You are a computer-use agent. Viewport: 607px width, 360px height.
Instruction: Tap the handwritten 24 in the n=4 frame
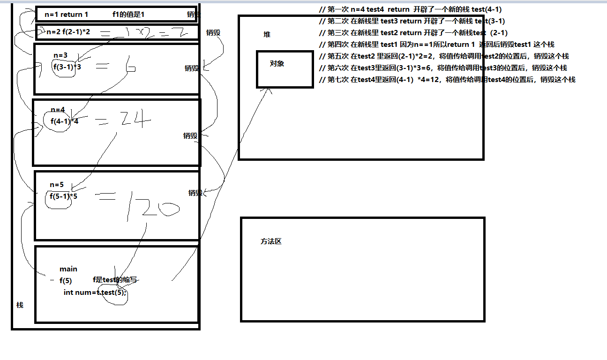click(x=134, y=121)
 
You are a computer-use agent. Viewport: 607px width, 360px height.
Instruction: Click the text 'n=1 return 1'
click(x=66, y=15)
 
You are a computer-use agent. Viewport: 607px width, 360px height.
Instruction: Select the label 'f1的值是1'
click(x=128, y=15)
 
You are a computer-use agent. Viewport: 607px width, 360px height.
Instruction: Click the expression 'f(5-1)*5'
click(x=64, y=196)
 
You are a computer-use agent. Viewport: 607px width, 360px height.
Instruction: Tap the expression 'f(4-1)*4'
click(x=65, y=121)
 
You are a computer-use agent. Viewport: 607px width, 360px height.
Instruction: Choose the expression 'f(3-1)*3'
click(x=67, y=67)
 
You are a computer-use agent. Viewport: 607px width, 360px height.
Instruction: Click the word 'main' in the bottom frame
click(x=68, y=269)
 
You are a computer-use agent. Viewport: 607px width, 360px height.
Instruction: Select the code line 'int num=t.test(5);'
click(x=95, y=292)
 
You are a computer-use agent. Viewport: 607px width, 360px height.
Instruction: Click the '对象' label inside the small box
click(x=277, y=64)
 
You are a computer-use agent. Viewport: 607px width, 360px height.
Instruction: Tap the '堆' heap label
click(x=267, y=35)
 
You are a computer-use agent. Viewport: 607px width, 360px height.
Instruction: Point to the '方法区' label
click(x=271, y=241)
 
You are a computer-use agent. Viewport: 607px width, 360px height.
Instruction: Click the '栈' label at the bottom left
click(x=20, y=305)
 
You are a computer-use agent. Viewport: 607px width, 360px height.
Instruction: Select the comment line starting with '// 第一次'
click(x=412, y=9)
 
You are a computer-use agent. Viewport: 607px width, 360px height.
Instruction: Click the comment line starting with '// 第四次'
click(x=436, y=45)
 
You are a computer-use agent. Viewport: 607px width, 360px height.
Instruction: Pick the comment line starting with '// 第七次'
click(x=447, y=80)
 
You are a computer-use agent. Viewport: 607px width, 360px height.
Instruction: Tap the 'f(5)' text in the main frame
click(x=66, y=281)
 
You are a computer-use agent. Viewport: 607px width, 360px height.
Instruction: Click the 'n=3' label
click(x=60, y=55)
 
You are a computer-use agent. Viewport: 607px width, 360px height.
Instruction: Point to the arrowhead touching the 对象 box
click(x=269, y=90)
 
